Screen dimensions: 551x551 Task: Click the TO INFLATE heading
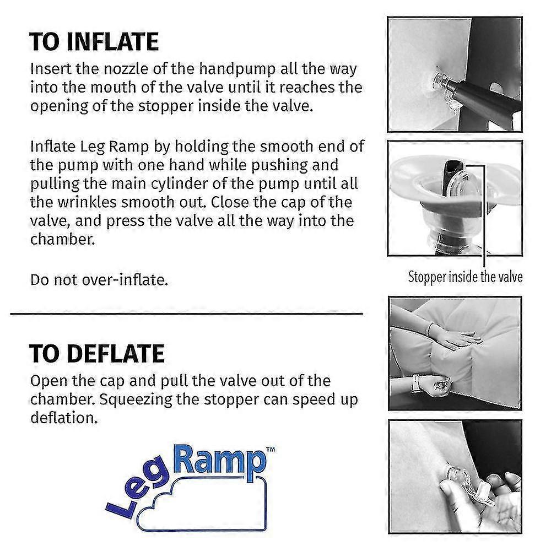pyautogui.click(x=94, y=42)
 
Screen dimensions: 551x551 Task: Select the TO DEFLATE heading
pyautogui.click(x=97, y=353)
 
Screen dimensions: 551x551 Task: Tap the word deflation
pyautogui.click(x=64, y=418)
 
